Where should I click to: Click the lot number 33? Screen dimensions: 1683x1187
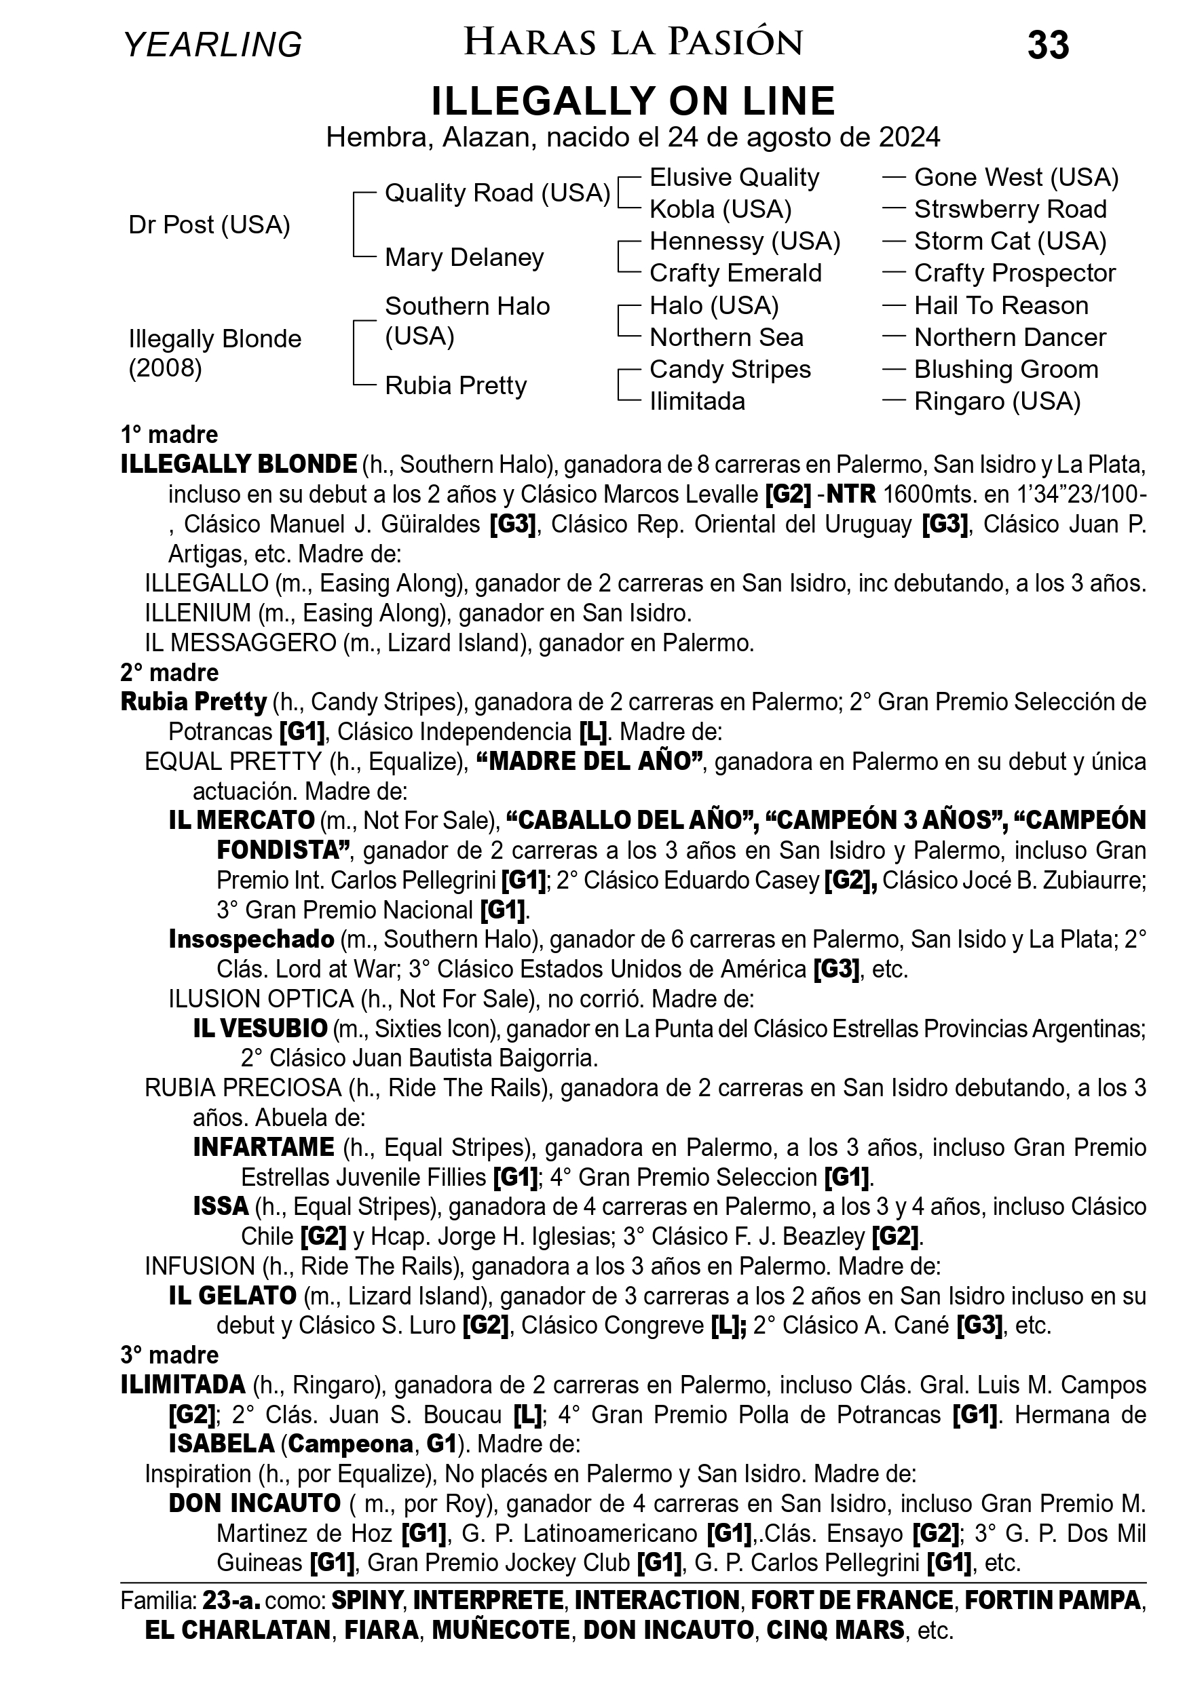pos(1048,45)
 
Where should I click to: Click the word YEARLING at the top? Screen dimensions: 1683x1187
pos(212,45)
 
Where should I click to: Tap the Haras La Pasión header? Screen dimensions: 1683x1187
pos(633,43)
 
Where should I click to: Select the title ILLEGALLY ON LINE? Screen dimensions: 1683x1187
pos(633,101)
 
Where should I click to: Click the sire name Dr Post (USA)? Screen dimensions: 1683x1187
pos(209,225)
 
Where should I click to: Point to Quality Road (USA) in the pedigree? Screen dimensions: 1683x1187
pos(497,193)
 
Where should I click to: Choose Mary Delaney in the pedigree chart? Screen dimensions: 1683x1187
pos(464,257)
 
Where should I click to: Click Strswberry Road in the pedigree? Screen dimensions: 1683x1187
pos(1010,210)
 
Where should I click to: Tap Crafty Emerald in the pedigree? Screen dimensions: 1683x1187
pos(736,273)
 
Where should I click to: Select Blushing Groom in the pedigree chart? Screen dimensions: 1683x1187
pos(1006,370)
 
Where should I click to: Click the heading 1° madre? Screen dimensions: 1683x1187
pos(170,435)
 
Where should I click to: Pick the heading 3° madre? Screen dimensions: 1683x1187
pos(170,1355)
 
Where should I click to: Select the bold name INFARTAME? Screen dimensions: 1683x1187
pos(264,1147)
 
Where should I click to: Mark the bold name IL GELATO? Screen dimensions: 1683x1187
pos(232,1296)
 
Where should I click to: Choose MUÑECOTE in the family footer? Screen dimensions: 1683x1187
pos(500,1630)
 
